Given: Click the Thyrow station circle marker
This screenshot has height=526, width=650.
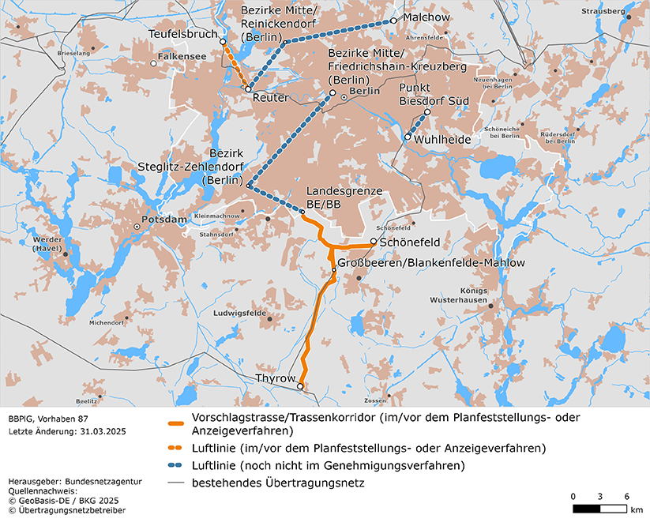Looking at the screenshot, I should (x=300, y=386).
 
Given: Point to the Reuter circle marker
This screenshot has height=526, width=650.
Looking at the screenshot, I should (x=249, y=89).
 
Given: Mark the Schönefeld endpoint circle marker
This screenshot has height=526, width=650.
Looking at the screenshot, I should (x=374, y=242).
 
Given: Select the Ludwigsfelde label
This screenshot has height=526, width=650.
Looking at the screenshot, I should (x=238, y=313).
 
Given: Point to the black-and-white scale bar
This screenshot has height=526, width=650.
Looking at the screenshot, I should (x=599, y=509).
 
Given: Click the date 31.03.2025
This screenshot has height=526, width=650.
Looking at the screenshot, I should (x=101, y=432).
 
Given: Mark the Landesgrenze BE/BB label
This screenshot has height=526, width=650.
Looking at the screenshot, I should (x=344, y=197).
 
